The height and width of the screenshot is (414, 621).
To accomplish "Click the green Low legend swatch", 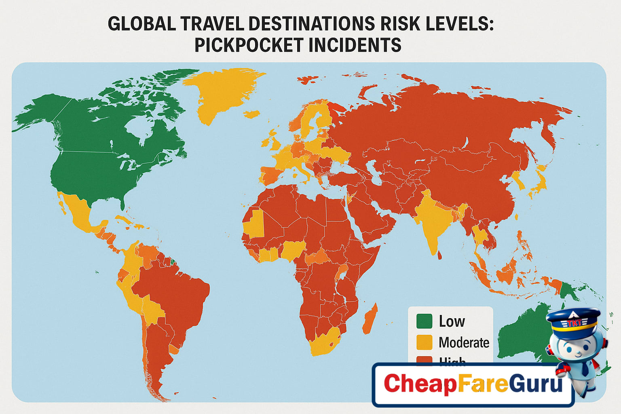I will [x=424, y=321].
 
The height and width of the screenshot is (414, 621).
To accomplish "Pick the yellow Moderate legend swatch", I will [x=424, y=342].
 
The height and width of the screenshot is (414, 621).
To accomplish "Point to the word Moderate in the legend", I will [x=464, y=342].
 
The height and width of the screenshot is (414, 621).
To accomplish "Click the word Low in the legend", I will [x=452, y=321].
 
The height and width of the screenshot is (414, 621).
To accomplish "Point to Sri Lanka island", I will [x=440, y=255].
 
